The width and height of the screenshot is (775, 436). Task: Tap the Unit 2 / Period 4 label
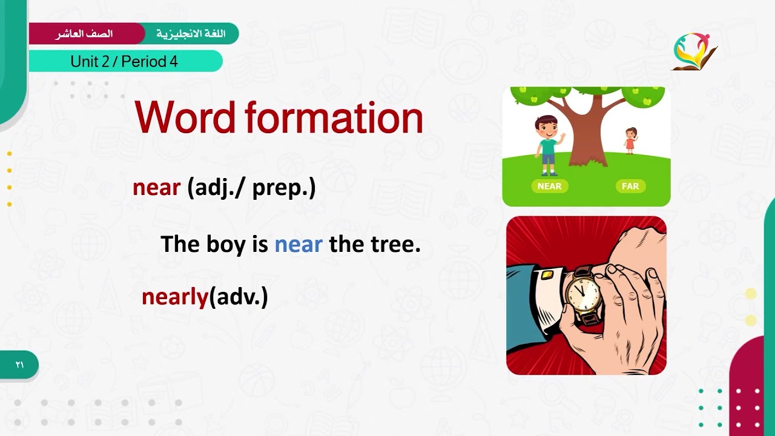coord(124,61)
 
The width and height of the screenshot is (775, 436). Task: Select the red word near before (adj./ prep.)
coord(156,188)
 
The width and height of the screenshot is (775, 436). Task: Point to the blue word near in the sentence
coord(298,245)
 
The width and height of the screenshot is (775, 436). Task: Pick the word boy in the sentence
coord(224,245)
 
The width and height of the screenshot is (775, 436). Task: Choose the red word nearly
coord(174,297)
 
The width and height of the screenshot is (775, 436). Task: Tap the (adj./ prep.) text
coord(251,188)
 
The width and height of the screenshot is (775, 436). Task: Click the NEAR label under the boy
coord(549,186)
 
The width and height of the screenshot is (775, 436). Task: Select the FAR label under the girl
coord(630,186)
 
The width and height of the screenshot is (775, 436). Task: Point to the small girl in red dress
coord(630,140)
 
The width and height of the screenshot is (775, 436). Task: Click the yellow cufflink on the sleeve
coord(546,276)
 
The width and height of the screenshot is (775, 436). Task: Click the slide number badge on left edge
coord(19,365)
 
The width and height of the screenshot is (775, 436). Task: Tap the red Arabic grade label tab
coord(85,33)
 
